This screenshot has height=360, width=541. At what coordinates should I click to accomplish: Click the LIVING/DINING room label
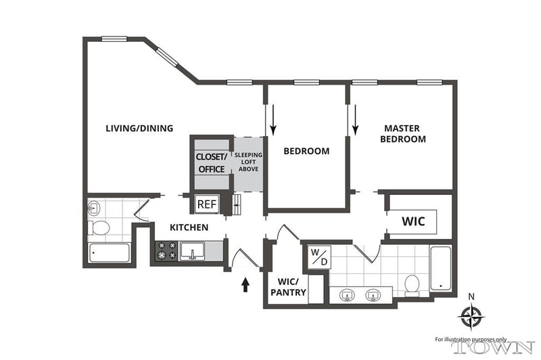139,128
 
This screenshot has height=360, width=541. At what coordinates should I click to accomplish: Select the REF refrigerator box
206,204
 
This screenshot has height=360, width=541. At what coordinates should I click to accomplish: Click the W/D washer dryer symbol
318,257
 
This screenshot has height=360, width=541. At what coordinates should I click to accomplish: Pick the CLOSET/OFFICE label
210,162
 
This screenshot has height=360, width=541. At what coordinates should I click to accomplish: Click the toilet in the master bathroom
411,286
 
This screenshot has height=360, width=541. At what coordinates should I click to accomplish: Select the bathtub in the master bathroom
440,269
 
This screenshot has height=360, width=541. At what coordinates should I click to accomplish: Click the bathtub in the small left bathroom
110,254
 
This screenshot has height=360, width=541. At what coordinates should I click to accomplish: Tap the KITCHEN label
189,227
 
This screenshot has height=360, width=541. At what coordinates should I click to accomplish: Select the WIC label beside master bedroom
413,221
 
